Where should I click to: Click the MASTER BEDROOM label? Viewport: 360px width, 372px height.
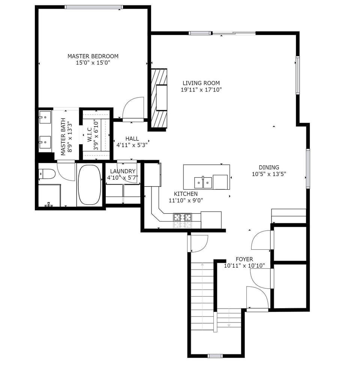tap(93, 56)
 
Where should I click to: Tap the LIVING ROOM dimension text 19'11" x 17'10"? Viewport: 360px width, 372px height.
tap(201, 90)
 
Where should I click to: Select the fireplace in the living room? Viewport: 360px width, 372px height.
tap(159, 99)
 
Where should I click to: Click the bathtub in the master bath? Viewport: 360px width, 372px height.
tap(89, 185)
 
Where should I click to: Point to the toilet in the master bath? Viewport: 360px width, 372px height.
tap(46, 174)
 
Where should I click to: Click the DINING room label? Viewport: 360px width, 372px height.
tap(269, 167)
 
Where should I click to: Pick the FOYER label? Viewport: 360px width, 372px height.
tap(244, 259)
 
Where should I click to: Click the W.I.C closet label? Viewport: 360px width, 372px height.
tap(90, 134)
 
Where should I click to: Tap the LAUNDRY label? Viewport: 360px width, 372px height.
tap(123, 171)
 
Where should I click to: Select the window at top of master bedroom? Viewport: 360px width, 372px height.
tap(93, 7)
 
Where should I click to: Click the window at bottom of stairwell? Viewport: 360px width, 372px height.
tap(215, 356)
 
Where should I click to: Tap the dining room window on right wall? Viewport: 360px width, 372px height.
tap(308, 169)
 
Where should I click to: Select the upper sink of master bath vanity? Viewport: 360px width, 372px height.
tap(45, 117)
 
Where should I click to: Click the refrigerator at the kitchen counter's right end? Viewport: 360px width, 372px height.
tap(211, 220)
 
